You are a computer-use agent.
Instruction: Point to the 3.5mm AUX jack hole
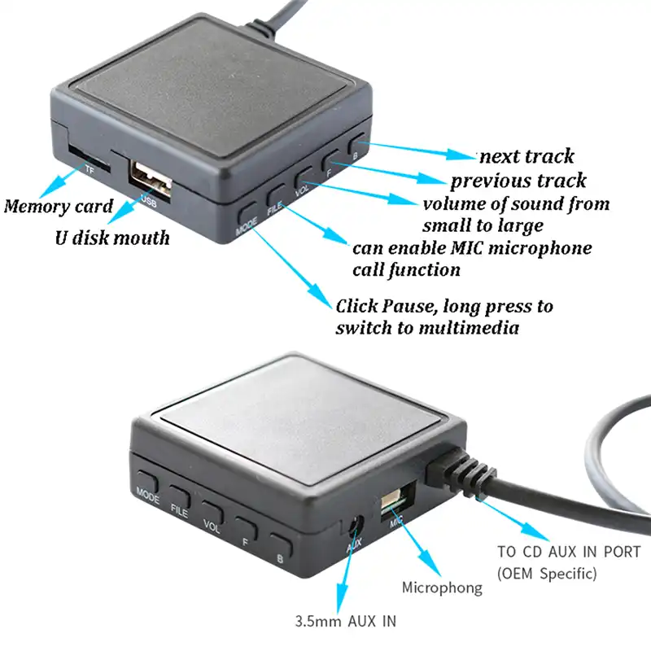pos(356,527)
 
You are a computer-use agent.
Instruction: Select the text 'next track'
pos(526,156)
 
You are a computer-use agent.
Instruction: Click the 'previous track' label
pos(518,180)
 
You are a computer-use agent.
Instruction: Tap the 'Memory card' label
pos(59,205)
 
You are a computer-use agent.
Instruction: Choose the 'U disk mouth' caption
pos(112,238)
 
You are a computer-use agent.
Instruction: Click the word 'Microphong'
pos(443,587)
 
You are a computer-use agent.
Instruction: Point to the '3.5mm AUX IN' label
pos(346,621)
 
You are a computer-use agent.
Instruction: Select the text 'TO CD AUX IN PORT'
pos(569,552)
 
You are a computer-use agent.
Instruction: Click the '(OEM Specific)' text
pos(548,574)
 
